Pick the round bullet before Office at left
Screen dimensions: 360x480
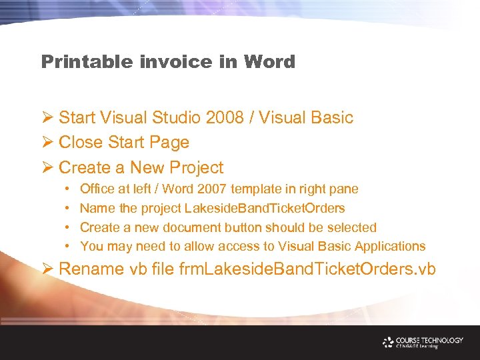coord(68,190)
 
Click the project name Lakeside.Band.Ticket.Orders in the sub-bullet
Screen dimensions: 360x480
coord(265,209)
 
